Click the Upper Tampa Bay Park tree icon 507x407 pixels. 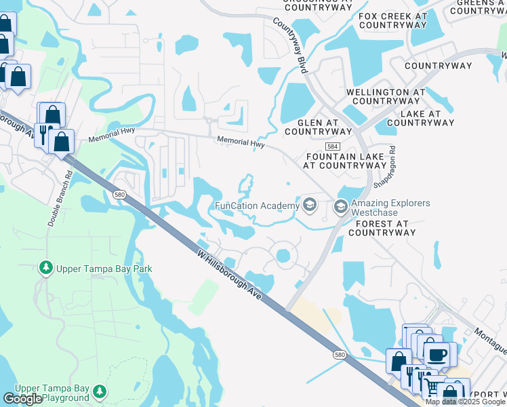(x=46, y=269)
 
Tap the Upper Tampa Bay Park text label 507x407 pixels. (x=104, y=269)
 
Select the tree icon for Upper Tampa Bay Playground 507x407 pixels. (x=100, y=392)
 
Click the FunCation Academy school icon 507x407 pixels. (x=310, y=206)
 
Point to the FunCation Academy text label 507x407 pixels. (x=257, y=206)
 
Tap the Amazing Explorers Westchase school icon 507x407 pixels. (x=340, y=206)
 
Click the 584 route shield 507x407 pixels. (x=332, y=147)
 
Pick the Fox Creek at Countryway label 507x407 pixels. (x=392, y=20)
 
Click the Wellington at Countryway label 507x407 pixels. (x=386, y=96)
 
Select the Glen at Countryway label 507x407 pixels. (x=318, y=127)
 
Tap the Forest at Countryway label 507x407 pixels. (x=382, y=227)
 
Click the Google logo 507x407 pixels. (x=22, y=399)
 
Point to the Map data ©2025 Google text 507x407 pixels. (x=466, y=402)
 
